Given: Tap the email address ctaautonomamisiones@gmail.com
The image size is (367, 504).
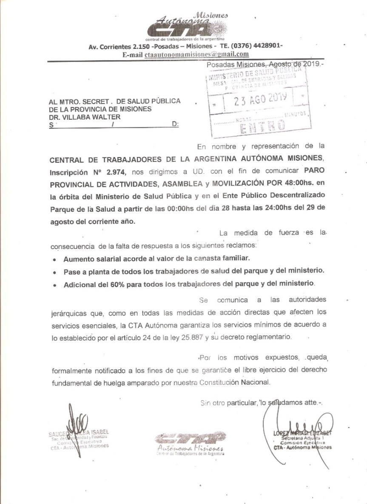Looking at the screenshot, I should click(x=196, y=54).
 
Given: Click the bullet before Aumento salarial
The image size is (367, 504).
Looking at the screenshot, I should click(x=54, y=259).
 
